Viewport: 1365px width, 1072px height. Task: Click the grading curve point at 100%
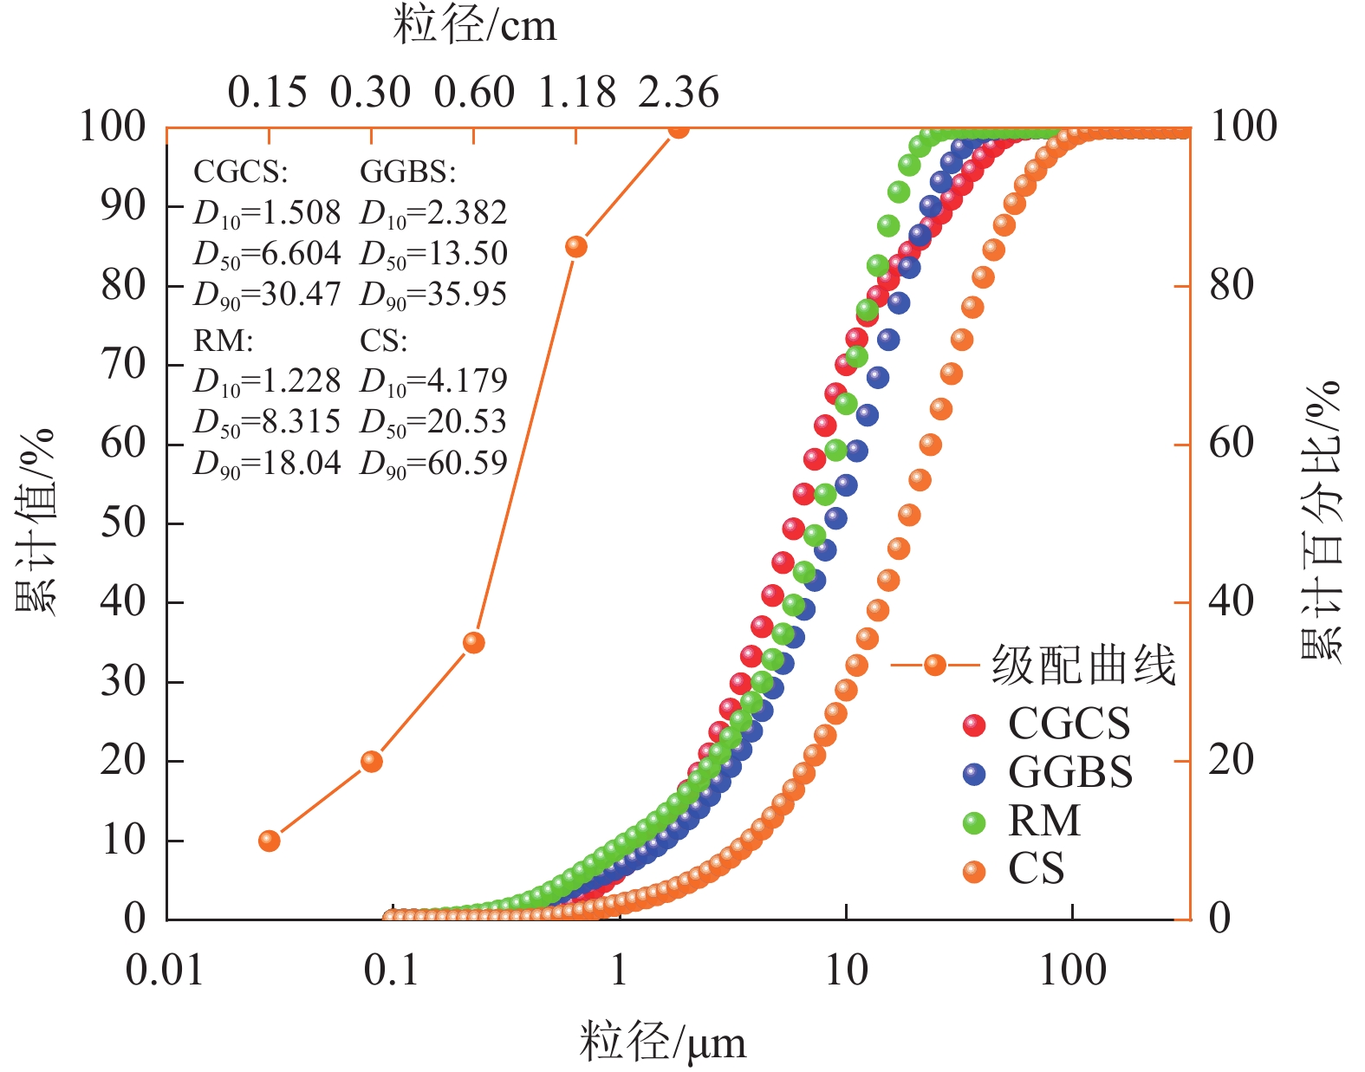tap(679, 129)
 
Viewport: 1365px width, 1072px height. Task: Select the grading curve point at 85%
tap(576, 247)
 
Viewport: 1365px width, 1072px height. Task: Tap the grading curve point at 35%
tap(473, 642)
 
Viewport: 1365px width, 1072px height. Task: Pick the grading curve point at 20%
tap(372, 761)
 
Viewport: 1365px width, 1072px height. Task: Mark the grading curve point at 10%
tap(270, 841)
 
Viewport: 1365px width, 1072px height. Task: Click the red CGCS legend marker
tap(974, 724)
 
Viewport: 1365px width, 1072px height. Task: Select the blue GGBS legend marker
tap(974, 774)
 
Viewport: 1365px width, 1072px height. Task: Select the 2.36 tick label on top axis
tap(679, 93)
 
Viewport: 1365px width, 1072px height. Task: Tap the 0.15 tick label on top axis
tap(268, 93)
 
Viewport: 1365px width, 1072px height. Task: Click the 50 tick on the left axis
tap(123, 523)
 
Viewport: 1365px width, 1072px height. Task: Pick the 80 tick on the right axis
tap(1232, 285)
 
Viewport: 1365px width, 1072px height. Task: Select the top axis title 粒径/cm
tap(475, 26)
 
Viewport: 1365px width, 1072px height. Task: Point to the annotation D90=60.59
tap(433, 464)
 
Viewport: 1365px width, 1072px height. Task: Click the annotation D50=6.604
tap(267, 254)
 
